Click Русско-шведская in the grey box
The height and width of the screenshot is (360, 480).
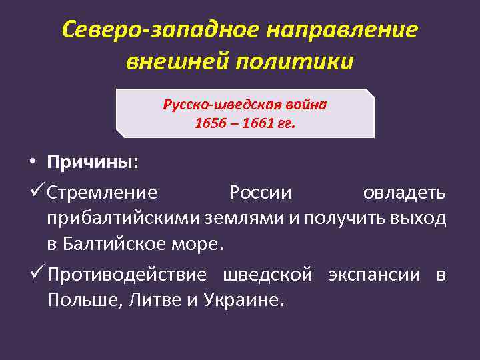click(x=216, y=105)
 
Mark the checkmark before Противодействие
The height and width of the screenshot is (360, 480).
click(x=37, y=274)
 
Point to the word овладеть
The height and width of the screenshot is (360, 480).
click(x=404, y=193)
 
